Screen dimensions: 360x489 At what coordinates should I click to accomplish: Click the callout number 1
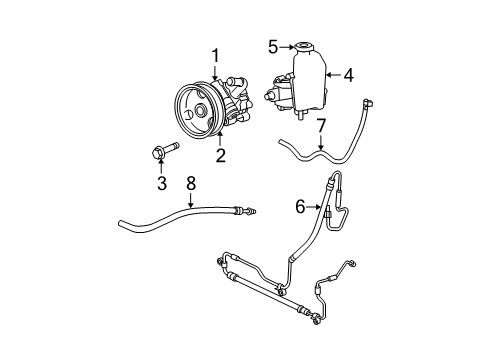coord(213,56)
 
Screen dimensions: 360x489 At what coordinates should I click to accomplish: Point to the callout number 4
coord(349,73)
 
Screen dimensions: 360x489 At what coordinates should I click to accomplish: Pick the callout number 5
coord(272,45)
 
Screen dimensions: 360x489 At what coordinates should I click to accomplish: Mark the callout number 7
coord(320,125)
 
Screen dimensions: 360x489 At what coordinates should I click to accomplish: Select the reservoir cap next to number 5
coord(300,47)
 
